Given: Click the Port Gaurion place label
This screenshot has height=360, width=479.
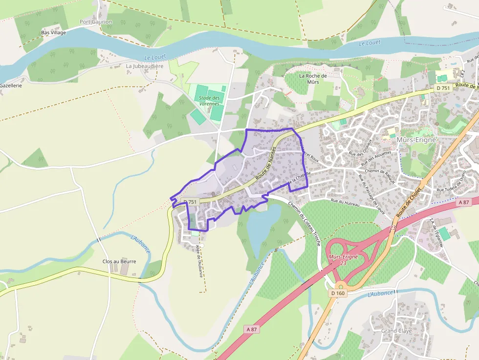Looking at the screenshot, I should pyautogui.click(x=96, y=22).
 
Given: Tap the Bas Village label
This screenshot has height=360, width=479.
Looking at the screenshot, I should pyautogui.click(x=53, y=33).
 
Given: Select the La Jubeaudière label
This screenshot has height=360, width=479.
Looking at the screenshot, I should pyautogui.click(x=145, y=66).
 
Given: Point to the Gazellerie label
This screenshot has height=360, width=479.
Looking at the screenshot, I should pyautogui.click(x=11, y=85).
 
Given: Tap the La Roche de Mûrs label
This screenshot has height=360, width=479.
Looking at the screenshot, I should pyautogui.click(x=313, y=79).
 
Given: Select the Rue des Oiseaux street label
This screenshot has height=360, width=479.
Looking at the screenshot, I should pyautogui.click(x=361, y=148).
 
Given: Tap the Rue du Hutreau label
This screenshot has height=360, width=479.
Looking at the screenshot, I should pyautogui.click(x=345, y=202).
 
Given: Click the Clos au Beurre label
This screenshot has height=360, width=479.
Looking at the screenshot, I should pyautogui.click(x=119, y=261).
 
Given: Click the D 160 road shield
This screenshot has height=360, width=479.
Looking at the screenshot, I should pyautogui.click(x=338, y=293).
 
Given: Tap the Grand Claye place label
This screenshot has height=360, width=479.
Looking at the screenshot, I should pyautogui.click(x=396, y=331).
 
